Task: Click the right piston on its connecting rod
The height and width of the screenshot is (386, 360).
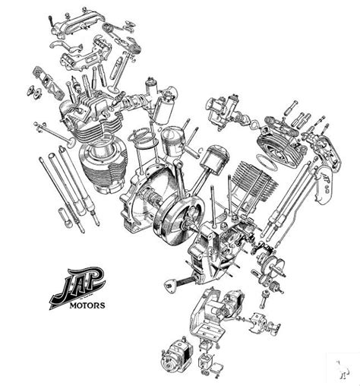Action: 216,160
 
